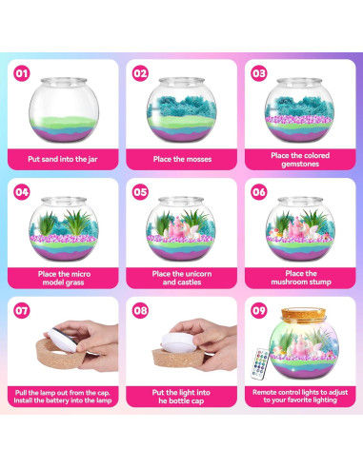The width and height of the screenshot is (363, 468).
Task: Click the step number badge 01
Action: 23,72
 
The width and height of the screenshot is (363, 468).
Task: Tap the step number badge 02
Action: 141,72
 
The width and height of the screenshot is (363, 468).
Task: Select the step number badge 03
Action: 258,72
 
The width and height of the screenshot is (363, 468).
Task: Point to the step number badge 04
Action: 23,190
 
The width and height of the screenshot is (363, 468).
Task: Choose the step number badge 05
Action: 141,190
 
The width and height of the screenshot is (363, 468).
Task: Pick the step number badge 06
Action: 258,190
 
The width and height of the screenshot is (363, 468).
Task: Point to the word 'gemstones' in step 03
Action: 298,165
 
